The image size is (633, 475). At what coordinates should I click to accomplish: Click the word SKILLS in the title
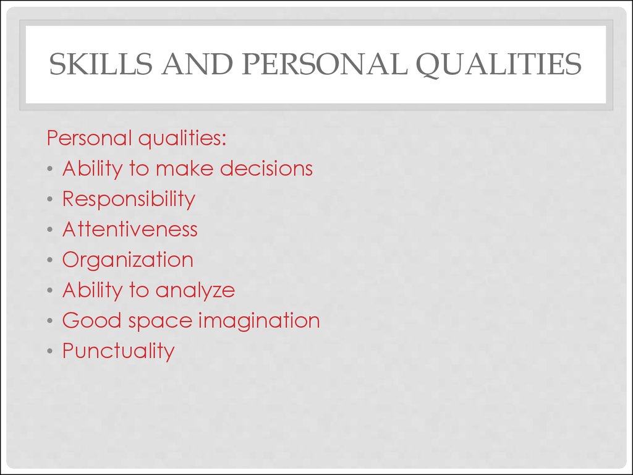100,65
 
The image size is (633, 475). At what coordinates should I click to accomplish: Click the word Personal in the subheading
90,138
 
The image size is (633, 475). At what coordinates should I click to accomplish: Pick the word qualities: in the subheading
182,139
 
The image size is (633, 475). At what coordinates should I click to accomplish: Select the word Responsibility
129,199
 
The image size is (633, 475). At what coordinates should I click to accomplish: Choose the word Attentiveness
130,229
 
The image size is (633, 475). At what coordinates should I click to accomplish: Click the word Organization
128,260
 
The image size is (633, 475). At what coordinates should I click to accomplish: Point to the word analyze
195,290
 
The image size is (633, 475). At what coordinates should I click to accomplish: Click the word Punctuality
119,351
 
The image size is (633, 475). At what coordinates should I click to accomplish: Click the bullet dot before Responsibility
50,200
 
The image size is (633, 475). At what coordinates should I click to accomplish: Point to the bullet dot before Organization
50,260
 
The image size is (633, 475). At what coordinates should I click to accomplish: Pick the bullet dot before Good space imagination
50,322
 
